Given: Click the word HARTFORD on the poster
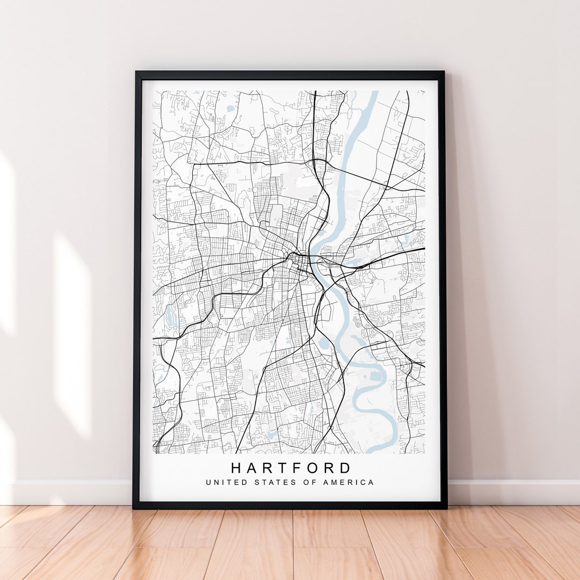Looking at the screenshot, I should coord(292,468).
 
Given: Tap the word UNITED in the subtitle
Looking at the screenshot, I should coord(219,482).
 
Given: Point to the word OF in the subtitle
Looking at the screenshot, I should coord(308,482).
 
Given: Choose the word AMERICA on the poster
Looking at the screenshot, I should coord(349,482).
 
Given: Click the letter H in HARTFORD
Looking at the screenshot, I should coord(236,468).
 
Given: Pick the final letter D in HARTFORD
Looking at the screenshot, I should coord(346,468).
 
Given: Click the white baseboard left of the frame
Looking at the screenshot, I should coord(70,492).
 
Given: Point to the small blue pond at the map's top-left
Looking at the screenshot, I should coord(230,108).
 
